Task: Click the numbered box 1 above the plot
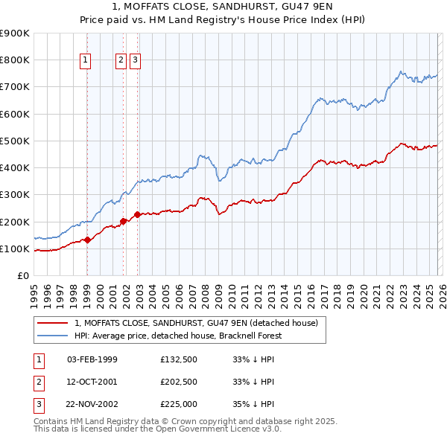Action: tap(86, 61)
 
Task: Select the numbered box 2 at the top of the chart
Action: tap(121, 61)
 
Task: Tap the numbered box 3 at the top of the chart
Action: tap(135, 61)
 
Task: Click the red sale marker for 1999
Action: tap(87, 240)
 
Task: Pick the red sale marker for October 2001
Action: tap(123, 221)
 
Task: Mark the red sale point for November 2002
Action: tap(137, 215)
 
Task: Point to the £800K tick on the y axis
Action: tap(15, 60)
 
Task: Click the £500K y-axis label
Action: tap(15, 141)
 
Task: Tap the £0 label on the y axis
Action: tap(22, 276)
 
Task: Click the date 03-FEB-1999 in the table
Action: tap(92, 359)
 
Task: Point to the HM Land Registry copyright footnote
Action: tap(186, 421)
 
